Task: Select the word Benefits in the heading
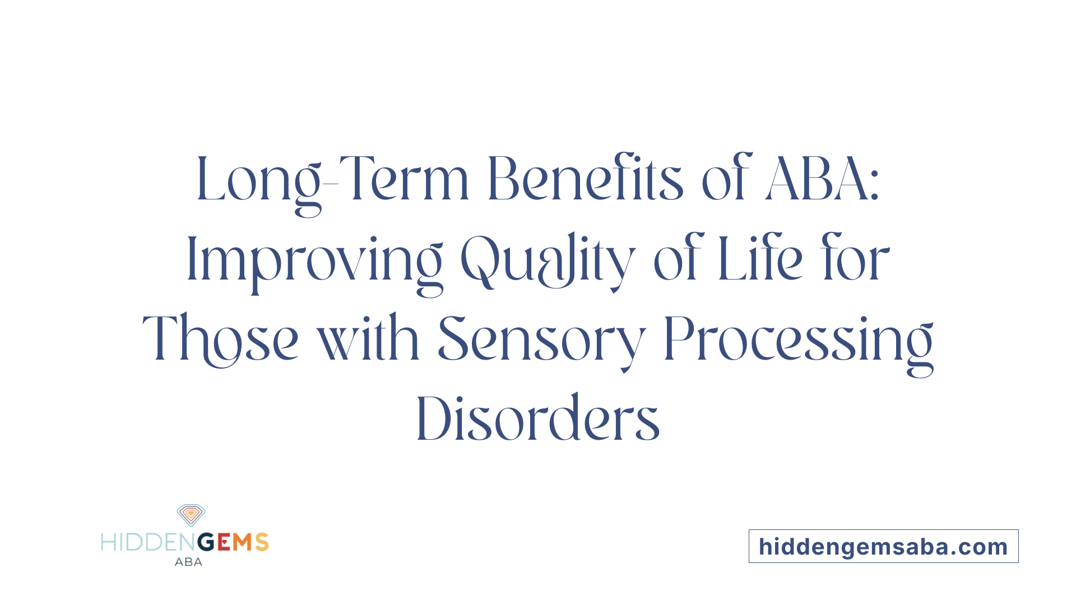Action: pos(585,179)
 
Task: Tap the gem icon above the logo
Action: pos(191,515)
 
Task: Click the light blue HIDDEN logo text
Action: pos(149,542)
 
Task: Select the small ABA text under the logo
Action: pos(188,562)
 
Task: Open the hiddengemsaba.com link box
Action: pos(883,546)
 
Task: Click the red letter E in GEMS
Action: pos(224,542)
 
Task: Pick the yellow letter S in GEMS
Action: pos(262,542)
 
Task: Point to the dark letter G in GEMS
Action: pos(206,542)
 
